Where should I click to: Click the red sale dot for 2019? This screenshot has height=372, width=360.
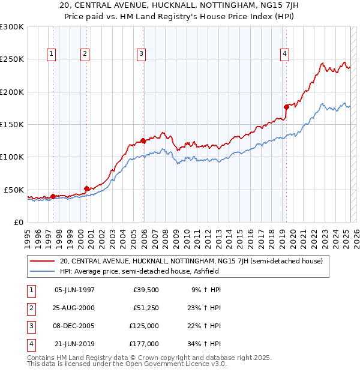[286, 107]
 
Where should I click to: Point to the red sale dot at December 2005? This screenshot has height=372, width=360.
[143, 141]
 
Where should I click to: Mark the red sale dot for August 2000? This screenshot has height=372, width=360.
[87, 188]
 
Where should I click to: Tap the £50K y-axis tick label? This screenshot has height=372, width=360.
[14, 190]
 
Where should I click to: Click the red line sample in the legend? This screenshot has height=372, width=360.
[43, 261]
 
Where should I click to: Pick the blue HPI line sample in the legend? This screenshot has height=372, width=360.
[43, 271]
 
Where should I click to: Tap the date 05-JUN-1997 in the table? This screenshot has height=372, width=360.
[74, 290]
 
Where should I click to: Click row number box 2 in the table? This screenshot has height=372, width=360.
[31, 308]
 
